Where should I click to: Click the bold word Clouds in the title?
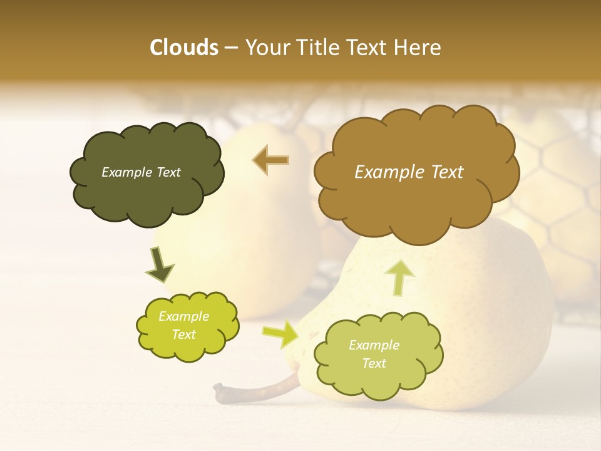pos(184,48)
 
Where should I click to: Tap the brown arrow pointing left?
pos(270,160)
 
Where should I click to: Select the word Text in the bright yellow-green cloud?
pos(184,334)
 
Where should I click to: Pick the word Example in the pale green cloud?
pos(374,345)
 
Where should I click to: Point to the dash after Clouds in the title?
pos(230,48)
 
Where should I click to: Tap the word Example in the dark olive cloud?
pos(125,172)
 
